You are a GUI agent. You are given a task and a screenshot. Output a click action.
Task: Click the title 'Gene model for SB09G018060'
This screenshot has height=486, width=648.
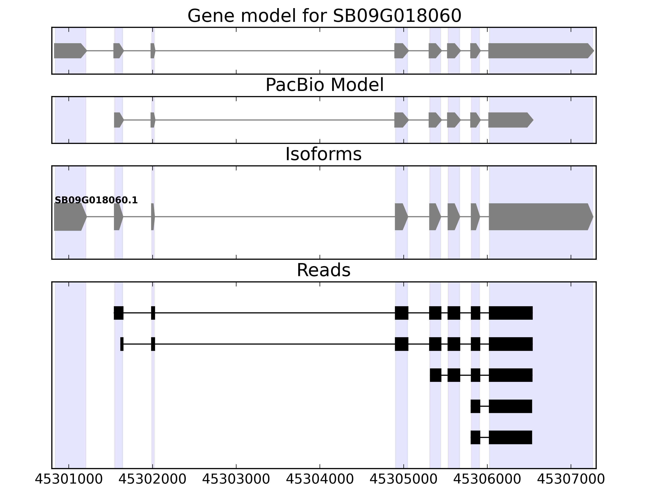[x=324, y=16]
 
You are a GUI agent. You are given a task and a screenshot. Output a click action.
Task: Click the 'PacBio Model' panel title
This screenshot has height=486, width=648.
[x=324, y=85]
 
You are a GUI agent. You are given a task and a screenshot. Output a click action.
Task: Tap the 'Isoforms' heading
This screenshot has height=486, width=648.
[x=323, y=154]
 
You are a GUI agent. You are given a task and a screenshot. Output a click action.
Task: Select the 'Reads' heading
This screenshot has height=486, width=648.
[x=323, y=270]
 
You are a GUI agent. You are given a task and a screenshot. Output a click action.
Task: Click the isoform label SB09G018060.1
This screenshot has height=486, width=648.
[x=96, y=200]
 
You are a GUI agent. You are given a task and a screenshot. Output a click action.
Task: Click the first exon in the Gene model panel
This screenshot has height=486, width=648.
[x=69, y=51]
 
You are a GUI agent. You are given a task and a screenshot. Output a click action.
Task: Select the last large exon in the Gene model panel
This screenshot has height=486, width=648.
[x=539, y=51]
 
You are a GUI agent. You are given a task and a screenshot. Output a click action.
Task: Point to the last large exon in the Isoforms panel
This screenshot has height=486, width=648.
[x=539, y=217]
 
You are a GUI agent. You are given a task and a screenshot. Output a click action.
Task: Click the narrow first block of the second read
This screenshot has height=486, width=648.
[x=122, y=344]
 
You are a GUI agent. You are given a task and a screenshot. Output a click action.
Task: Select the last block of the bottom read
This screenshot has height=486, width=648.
[x=510, y=437]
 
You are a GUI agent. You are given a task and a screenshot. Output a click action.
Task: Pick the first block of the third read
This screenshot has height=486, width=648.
[x=436, y=375]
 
